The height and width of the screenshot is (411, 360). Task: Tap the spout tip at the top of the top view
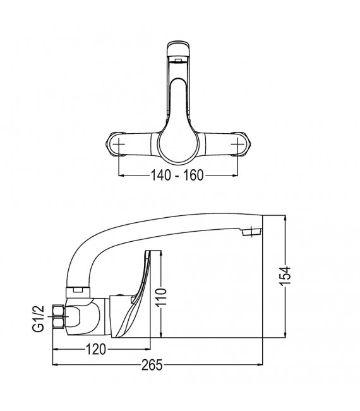(179, 51)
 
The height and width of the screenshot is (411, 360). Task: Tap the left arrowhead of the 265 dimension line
(54, 364)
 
